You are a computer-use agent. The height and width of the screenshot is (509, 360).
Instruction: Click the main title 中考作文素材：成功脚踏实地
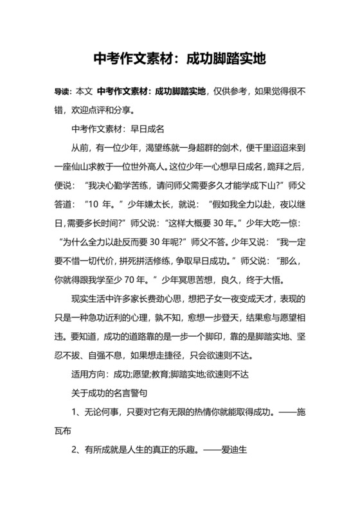point(180,60)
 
